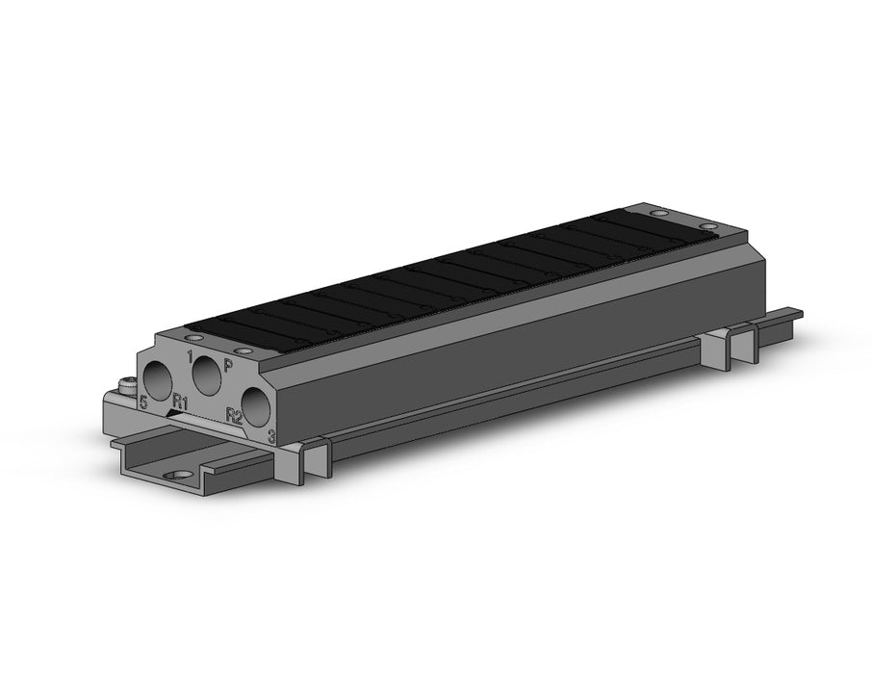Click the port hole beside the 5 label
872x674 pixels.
click(159, 380)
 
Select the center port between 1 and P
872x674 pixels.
click(207, 376)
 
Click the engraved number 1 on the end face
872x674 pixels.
click(191, 357)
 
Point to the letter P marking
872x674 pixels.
click(228, 365)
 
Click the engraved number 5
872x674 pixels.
click(143, 402)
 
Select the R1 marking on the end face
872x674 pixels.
click(180, 401)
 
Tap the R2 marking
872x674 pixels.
click(234, 415)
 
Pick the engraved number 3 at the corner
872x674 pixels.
click(272, 436)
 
